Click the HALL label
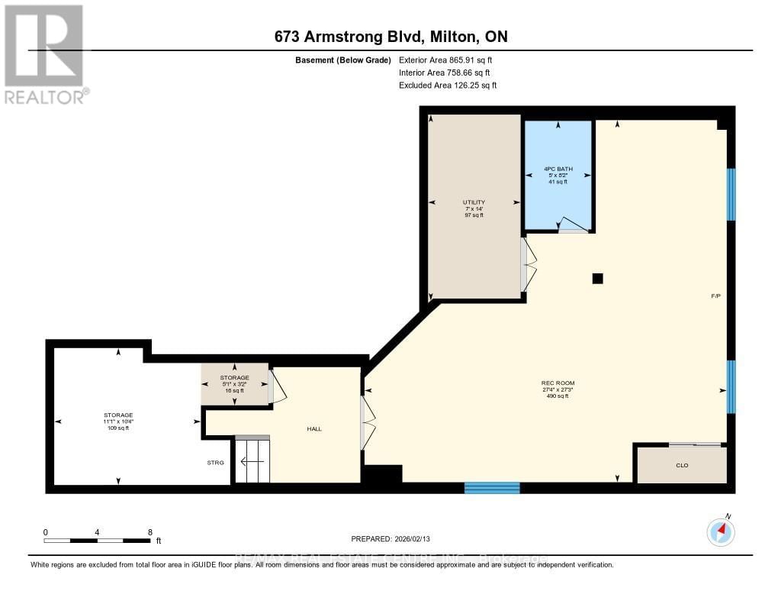click(x=314, y=429)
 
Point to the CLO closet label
click(x=682, y=465)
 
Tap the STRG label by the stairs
click(x=215, y=462)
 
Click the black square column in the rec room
click(x=598, y=279)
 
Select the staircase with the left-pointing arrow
click(x=252, y=460)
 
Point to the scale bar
click(x=97, y=541)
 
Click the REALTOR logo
click(x=44, y=53)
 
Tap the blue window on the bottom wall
click(x=492, y=488)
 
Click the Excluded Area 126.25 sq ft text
click(x=448, y=86)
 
